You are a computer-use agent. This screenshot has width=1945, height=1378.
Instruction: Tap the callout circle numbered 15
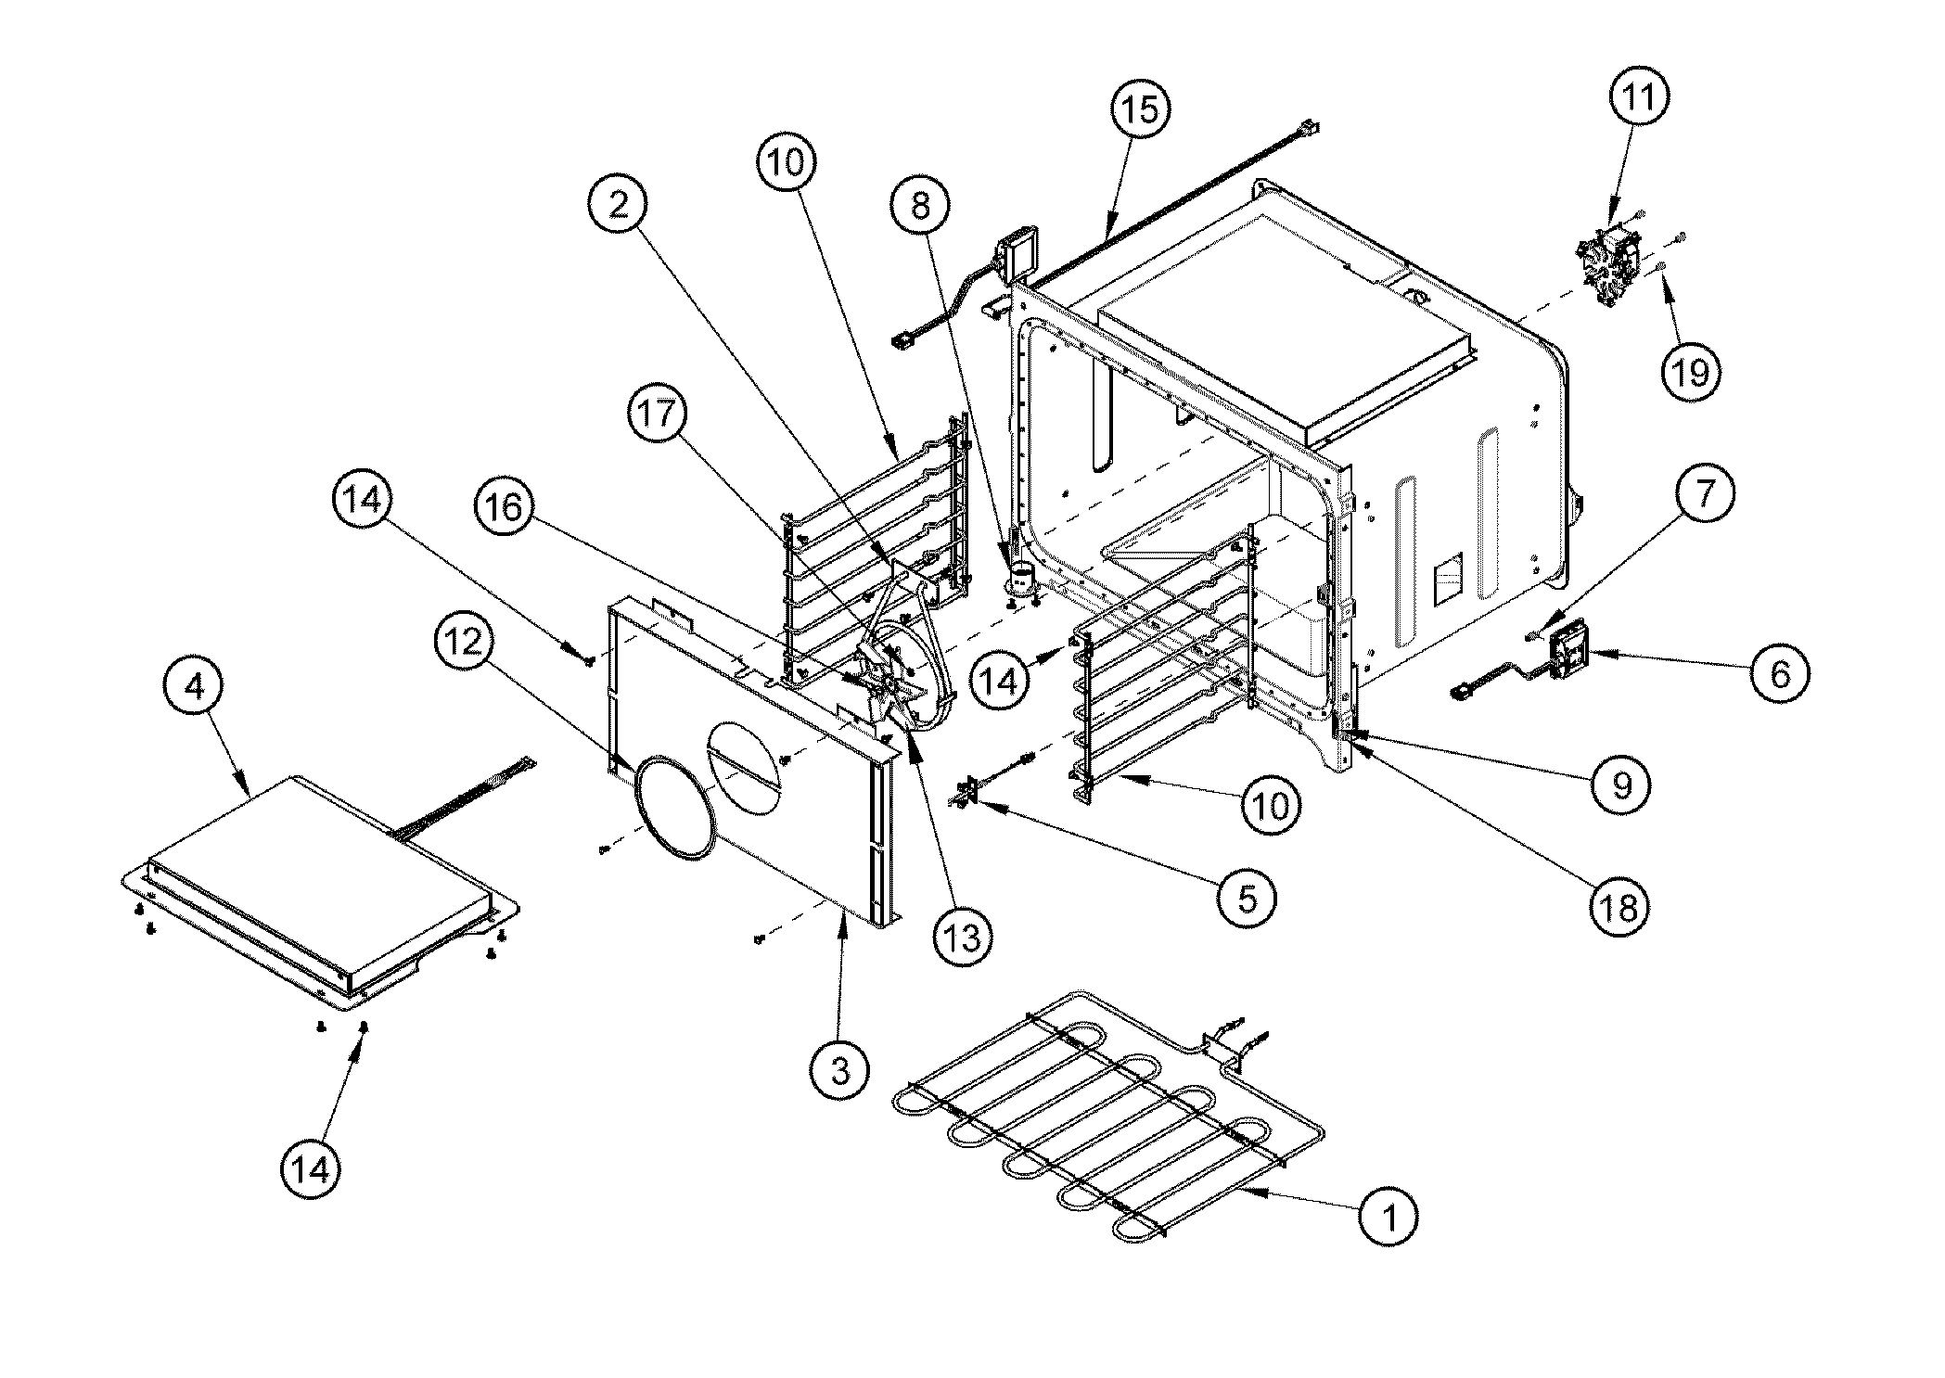[1141, 109]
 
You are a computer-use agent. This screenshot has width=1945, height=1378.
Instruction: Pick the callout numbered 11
[1639, 96]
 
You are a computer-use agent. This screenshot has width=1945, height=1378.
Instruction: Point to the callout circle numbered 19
[1689, 373]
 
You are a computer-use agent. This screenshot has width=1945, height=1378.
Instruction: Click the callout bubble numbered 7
[1704, 492]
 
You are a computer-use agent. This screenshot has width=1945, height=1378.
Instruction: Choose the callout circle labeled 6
[1780, 673]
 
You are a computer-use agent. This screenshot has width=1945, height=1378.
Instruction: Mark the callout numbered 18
[1619, 907]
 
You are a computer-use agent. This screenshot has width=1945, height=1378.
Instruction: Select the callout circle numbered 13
[964, 938]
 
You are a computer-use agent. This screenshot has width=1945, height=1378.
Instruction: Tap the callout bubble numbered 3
[839, 1071]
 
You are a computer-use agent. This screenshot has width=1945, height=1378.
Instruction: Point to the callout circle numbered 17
[658, 414]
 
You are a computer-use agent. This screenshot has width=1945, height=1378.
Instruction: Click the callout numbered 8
[920, 206]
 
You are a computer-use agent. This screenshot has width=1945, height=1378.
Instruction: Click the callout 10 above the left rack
[787, 163]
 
